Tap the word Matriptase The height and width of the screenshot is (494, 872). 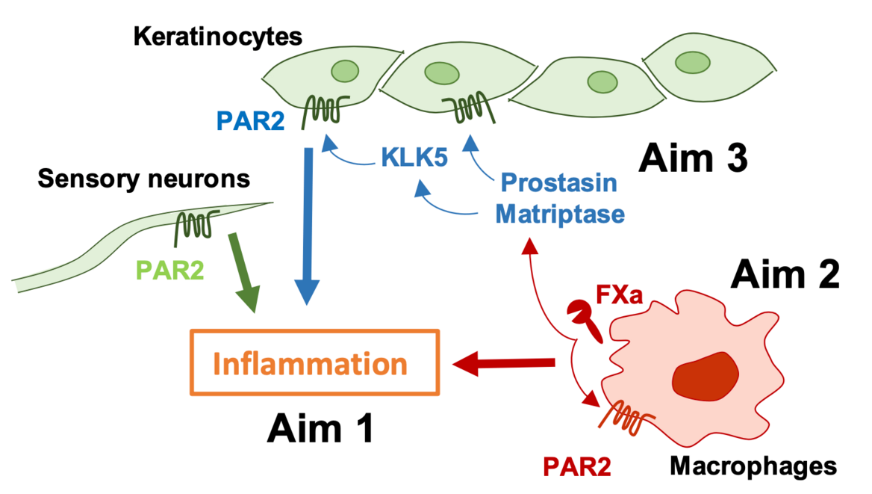[x=560, y=214]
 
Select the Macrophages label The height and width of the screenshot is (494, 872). [x=753, y=466]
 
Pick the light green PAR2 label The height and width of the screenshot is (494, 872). [x=169, y=270]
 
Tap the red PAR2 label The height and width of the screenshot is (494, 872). [x=576, y=467]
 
